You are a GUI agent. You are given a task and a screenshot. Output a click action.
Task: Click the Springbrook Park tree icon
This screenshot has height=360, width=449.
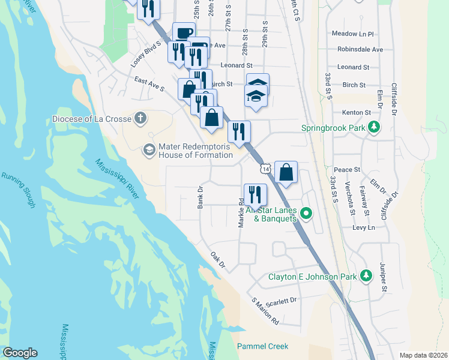point(375,127)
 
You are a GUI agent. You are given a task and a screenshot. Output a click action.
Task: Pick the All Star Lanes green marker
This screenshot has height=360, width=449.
point(306,213)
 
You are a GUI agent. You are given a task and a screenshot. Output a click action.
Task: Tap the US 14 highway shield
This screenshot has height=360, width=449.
point(265,171)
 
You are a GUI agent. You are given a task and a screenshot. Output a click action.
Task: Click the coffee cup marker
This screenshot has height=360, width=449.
point(184,33)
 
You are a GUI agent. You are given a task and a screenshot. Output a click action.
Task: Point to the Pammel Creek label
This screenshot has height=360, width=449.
point(262,346)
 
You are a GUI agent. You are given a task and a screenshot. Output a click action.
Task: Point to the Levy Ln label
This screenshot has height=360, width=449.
point(363,227)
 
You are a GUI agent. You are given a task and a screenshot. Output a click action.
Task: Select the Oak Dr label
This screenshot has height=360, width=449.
point(218,260)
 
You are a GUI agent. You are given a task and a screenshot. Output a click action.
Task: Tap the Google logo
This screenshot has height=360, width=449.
point(20,353)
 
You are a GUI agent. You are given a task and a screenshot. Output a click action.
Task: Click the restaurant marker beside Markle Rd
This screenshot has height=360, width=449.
point(255,194)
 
